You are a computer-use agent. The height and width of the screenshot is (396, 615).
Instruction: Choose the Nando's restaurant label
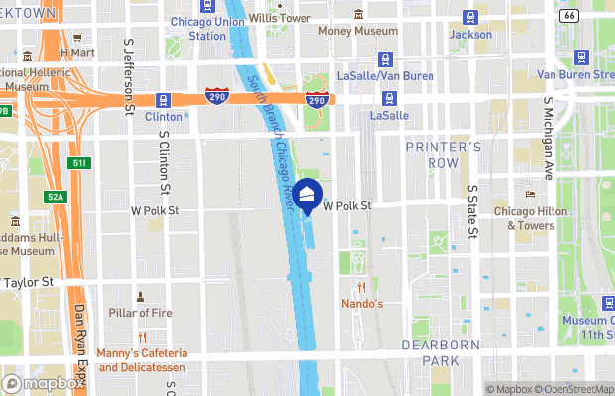click(362, 303)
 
